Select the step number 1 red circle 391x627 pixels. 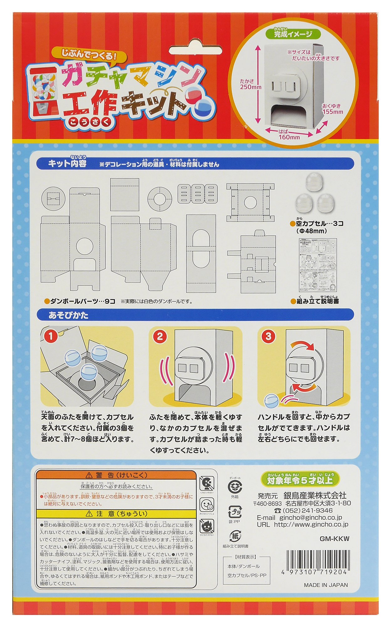51,337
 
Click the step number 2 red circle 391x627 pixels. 160,337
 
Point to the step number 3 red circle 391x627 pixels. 268,336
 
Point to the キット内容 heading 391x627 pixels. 67,164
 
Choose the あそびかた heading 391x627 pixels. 68,315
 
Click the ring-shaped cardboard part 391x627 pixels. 160,199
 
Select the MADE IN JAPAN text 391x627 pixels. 326,585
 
